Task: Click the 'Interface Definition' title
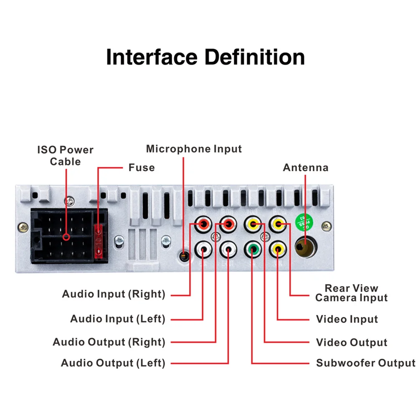[x=205, y=57]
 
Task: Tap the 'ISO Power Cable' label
[x=65, y=155]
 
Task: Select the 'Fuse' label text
[x=141, y=167]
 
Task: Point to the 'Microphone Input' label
[x=194, y=149]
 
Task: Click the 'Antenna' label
[x=305, y=167]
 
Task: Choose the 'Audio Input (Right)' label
[x=114, y=294]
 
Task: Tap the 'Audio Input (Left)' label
[x=118, y=319]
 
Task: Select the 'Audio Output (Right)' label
[x=109, y=342]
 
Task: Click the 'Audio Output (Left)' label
[x=113, y=362]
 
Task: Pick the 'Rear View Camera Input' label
[x=351, y=293]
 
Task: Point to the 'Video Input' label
[x=347, y=319]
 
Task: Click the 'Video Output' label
[x=352, y=343]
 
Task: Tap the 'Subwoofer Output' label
[x=365, y=362]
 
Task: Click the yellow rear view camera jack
[x=278, y=225]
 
